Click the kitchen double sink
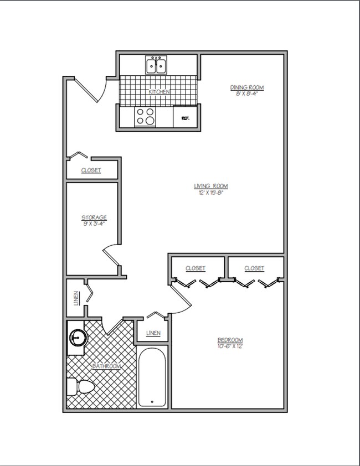point(157,65)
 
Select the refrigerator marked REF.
point(185,117)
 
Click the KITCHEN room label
point(159,92)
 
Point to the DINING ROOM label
point(246,87)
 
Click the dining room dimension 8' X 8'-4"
point(246,94)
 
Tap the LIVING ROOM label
point(211,186)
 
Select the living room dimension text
point(211,192)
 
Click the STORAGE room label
point(94,218)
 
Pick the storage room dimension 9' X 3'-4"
point(94,224)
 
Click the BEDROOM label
point(230,340)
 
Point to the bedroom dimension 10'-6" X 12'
point(230,346)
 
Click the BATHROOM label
point(106,366)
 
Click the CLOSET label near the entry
point(91,170)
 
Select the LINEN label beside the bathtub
point(153,333)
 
